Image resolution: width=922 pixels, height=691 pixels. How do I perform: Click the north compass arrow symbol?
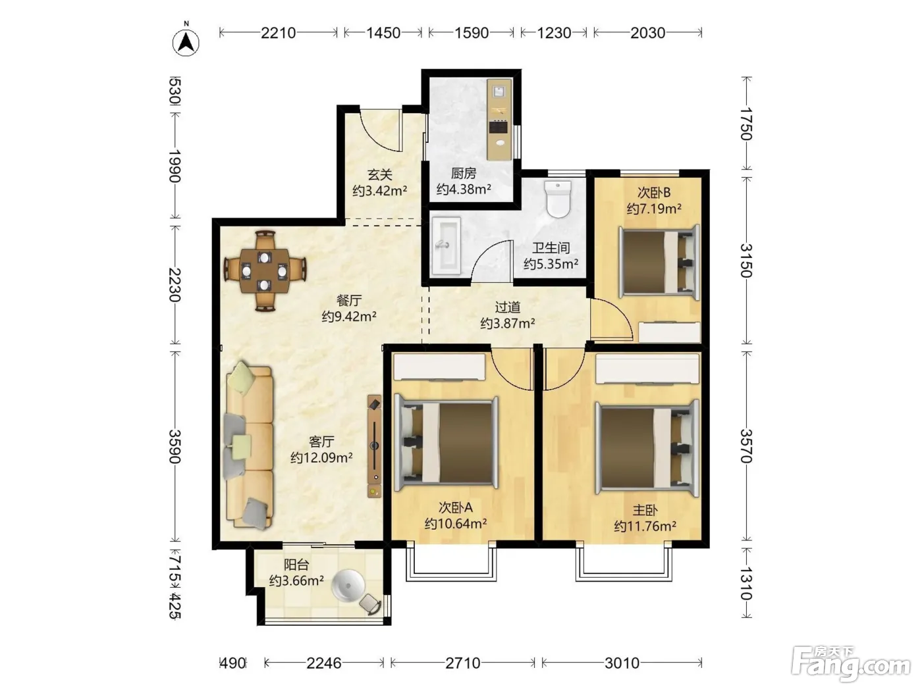pos(186,42)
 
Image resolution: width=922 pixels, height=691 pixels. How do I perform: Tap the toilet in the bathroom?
pos(557,199)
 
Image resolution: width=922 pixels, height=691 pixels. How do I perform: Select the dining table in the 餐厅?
pos(264,270)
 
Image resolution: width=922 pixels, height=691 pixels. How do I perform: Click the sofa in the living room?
pos(250,447)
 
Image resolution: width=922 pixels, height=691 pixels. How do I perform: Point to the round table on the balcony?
pos(348,586)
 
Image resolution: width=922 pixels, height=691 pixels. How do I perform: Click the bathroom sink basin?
pos(446,245)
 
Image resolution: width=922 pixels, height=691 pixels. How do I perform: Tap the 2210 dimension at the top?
pos(278,33)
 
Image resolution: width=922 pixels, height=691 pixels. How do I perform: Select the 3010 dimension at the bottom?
pos(622,663)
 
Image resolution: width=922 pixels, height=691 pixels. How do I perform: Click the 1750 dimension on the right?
pos(746,124)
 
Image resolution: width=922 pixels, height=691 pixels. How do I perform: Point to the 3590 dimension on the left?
pos(175,446)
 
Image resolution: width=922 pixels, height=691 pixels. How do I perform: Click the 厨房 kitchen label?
pos(464,173)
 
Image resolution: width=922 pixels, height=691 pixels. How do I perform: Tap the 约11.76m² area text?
pos(645,526)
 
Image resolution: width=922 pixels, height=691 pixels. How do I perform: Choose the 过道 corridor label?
pos(507,307)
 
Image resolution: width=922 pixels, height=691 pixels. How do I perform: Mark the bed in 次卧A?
pos(446,443)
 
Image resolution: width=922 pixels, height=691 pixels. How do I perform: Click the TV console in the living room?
pos(375,446)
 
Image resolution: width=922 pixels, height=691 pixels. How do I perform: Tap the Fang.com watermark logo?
pos(852,664)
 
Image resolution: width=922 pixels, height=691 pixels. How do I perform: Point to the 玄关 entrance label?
pos(380,174)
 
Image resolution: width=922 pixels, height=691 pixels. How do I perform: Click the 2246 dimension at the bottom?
pos(324,663)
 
